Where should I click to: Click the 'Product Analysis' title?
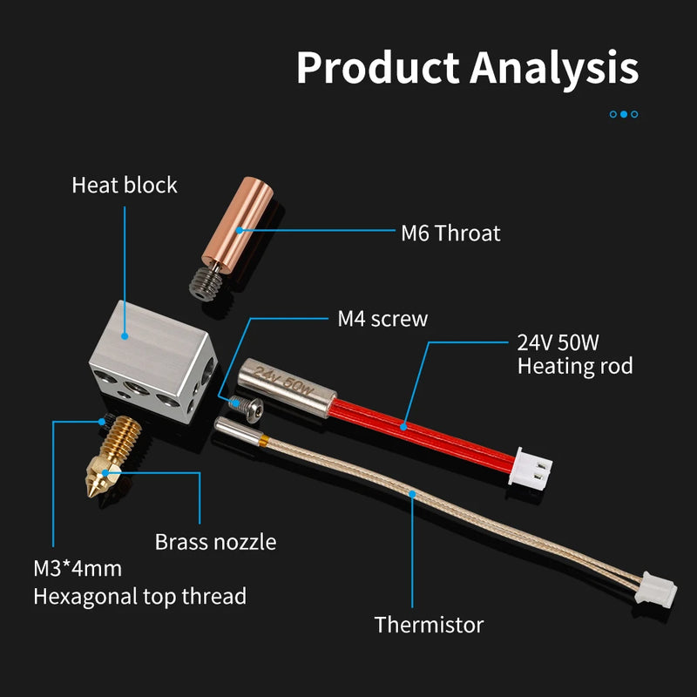click(467, 68)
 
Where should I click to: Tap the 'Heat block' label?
click(125, 186)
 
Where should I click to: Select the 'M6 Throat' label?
click(450, 233)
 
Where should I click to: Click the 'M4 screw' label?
click(382, 319)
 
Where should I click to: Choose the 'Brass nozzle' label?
click(215, 542)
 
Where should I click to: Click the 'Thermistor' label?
click(429, 624)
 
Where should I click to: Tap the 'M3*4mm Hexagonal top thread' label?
click(139, 583)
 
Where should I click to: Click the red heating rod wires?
click(409, 423)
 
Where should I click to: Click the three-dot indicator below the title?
click(624, 113)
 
